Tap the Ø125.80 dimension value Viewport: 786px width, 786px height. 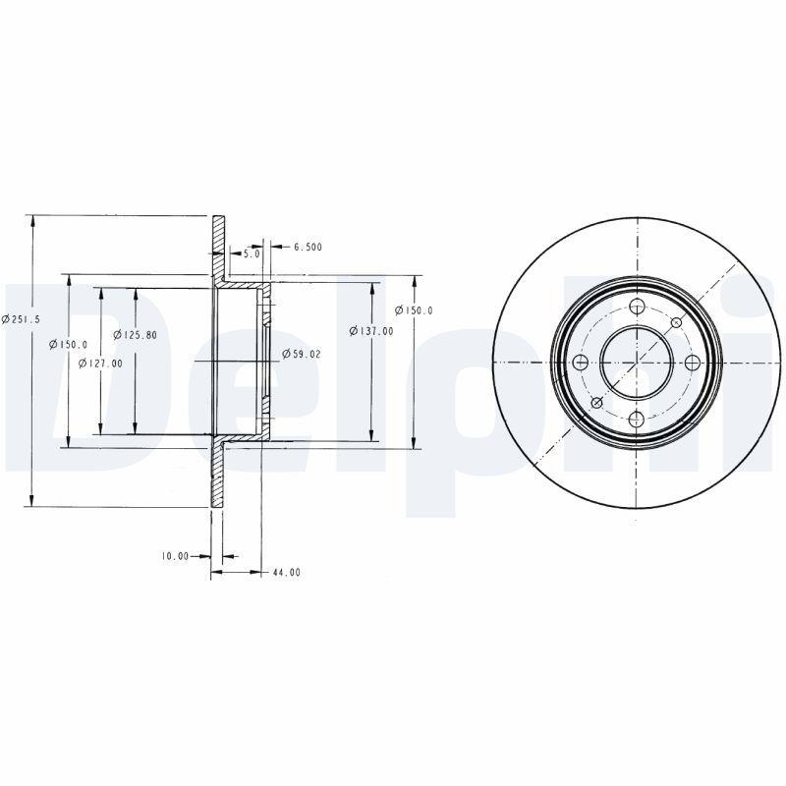136,335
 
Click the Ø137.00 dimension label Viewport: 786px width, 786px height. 374,331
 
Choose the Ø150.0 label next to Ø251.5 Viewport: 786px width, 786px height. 71,344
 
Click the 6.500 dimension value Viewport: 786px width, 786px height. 308,247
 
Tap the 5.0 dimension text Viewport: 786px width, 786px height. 252,253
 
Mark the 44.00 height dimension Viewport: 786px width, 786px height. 287,572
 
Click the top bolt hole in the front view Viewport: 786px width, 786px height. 637,306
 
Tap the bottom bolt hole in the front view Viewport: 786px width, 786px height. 637,420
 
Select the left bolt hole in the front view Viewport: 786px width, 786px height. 580,363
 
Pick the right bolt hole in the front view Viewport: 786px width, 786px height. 693,363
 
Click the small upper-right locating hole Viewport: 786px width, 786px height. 676,322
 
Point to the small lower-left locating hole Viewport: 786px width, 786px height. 596,403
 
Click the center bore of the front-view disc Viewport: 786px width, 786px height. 637,363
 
